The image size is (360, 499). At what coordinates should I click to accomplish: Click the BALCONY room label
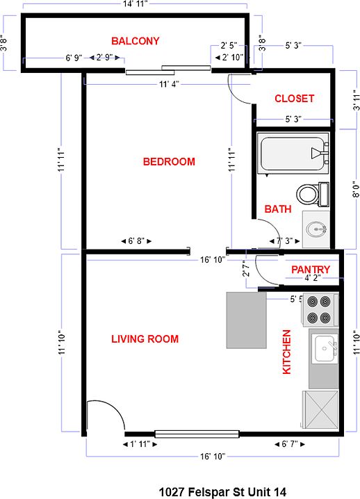[x=136, y=41]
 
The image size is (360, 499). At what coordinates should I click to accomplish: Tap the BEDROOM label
[x=169, y=162]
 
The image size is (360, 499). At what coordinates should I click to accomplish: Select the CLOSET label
[x=295, y=99]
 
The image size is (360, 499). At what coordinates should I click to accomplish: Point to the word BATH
[x=278, y=209]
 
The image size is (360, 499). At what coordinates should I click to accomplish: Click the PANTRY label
[x=311, y=270]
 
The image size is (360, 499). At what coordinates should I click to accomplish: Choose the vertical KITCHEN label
[x=287, y=352]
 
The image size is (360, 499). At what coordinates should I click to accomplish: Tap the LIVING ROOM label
[x=145, y=339]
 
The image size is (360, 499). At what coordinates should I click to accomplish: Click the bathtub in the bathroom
[x=293, y=154]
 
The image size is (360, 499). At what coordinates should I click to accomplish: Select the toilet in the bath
[x=313, y=194]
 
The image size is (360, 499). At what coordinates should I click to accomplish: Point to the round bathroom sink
[x=316, y=229]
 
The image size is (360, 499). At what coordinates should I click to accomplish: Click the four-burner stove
[x=319, y=310]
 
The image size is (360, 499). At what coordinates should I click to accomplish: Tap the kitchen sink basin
[x=325, y=349]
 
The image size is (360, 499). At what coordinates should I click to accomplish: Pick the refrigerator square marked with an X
[x=320, y=409]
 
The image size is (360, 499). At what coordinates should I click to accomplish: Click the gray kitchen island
[x=246, y=320]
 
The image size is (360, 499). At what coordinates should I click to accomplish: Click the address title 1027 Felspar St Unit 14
[x=222, y=491]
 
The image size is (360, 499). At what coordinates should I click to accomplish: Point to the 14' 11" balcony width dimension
[x=136, y=4]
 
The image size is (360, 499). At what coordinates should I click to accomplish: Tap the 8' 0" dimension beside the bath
[x=357, y=189]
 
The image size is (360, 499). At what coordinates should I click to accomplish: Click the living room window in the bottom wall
[x=197, y=434]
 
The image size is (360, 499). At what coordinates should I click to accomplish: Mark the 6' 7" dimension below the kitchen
[x=290, y=444]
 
